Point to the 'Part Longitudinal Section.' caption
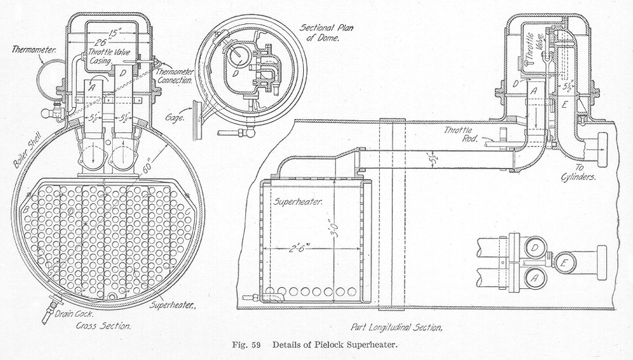tap(396, 328)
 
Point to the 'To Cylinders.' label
tap(579, 174)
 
